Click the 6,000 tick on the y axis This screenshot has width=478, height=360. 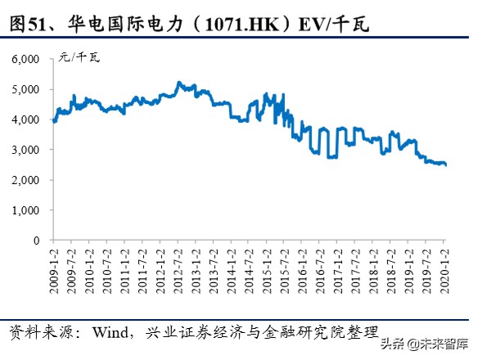(x=25, y=60)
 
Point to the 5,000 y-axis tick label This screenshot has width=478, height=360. (x=25, y=90)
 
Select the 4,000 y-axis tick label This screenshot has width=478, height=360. (x=25, y=120)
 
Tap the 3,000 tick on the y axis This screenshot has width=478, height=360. (x=25, y=151)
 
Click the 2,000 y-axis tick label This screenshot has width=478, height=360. (x=25, y=180)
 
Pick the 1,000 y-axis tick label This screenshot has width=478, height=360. (x=25, y=210)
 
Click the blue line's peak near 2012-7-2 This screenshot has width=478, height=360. (x=179, y=83)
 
